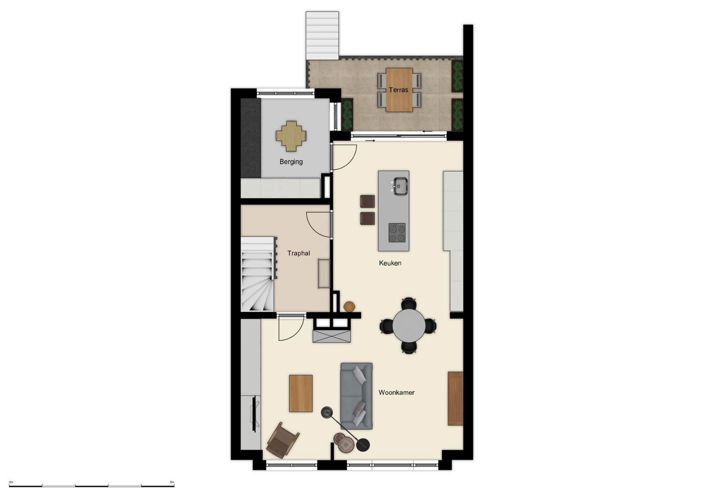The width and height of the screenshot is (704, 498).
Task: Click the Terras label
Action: coord(398,90)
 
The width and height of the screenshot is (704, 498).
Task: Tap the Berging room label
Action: coord(291,161)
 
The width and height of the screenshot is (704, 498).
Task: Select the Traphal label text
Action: coord(298,253)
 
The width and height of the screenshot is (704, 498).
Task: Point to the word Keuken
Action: coord(390,263)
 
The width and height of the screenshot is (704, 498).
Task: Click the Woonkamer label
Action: coord(396,392)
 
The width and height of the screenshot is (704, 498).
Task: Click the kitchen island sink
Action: coord(401,186)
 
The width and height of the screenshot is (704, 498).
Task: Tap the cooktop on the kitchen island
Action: coord(397,233)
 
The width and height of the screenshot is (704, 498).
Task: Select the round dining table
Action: coord(409,326)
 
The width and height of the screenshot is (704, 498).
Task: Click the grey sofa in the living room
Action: coord(356,396)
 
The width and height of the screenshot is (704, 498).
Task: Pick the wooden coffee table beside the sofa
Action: coord(301,393)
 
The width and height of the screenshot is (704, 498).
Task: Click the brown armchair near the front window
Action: coord(282,440)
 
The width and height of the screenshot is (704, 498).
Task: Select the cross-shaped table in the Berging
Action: coord(291,136)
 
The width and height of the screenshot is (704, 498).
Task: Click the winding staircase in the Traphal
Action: coord(257,274)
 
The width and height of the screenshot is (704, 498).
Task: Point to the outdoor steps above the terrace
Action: coord(322,36)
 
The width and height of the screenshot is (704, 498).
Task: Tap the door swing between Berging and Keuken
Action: coord(344,157)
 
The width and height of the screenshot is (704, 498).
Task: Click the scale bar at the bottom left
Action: coord(91,485)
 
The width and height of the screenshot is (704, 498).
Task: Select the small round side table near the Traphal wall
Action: coord(349,307)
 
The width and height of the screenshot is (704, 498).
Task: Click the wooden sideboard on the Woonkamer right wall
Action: coord(455,398)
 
